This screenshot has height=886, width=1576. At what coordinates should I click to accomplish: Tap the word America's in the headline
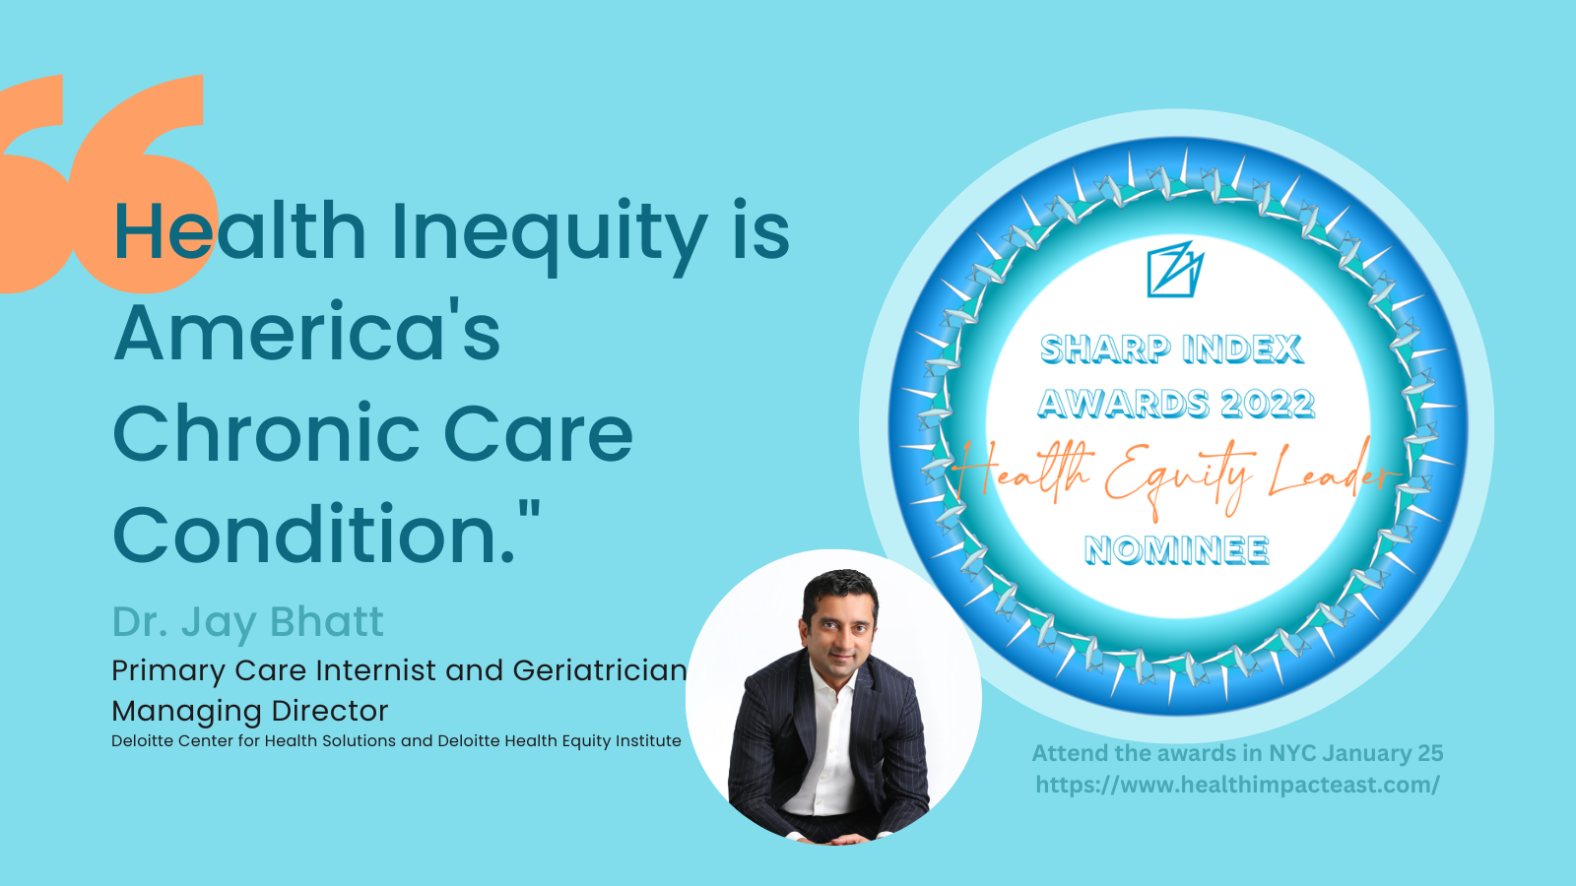click(x=306, y=333)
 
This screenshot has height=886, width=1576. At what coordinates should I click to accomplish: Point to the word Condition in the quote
click(x=313, y=535)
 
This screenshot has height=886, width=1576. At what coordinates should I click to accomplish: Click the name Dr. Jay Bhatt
click(x=247, y=622)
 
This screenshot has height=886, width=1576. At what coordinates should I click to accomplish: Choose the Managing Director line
click(x=250, y=711)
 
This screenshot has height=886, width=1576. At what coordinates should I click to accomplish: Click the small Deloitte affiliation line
click(x=396, y=741)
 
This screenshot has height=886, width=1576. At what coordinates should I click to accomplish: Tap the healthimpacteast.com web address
click(x=1237, y=785)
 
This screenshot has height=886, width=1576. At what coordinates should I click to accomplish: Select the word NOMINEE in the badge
click(x=1176, y=550)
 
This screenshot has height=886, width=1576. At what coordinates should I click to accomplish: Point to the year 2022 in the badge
click(x=1267, y=404)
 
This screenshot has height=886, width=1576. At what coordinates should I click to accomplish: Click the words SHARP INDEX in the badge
click(x=1171, y=348)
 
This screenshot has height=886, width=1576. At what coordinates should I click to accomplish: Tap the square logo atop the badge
click(x=1175, y=269)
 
